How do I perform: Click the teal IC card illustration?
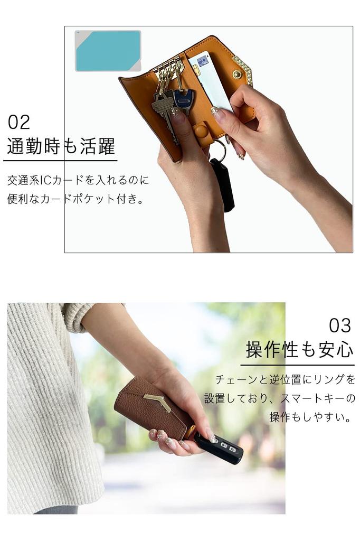point(108,51)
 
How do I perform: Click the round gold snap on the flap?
point(237,74)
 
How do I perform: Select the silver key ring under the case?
point(222,150)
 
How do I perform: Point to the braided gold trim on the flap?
point(243,69)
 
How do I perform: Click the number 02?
point(19,123)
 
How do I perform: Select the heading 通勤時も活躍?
point(61,146)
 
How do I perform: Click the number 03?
point(340,324)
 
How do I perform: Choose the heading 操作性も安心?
point(299,350)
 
